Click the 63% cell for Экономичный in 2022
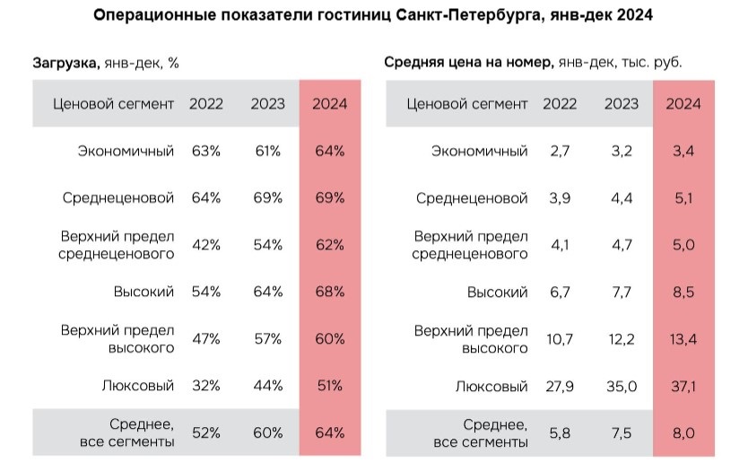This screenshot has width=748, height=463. tap(206, 151)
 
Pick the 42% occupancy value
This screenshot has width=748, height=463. tap(206, 245)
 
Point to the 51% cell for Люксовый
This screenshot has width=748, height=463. tap(329, 386)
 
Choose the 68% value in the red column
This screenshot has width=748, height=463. tap(329, 292)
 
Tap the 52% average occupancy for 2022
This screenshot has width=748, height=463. tap(206, 433)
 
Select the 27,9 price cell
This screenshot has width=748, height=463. tap(561, 386)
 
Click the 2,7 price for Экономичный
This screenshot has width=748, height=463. tap(561, 151)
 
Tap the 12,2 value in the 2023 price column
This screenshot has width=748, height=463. tap(622, 338)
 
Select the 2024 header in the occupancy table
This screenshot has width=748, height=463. tap(329, 104)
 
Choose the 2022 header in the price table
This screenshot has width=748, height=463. tap(561, 104)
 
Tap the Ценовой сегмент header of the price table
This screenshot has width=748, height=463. tap(467, 104)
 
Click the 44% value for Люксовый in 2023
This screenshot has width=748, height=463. tap(267, 386)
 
